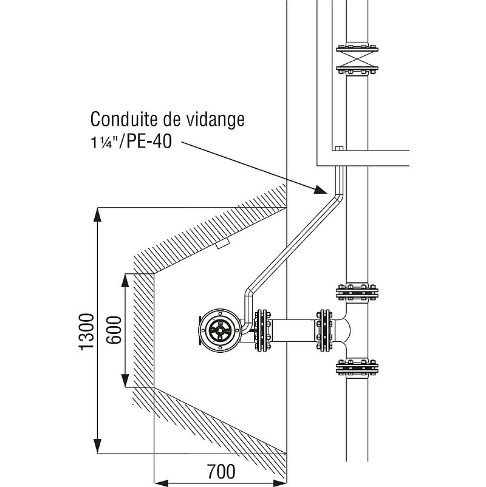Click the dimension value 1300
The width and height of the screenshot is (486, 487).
click(x=86, y=332)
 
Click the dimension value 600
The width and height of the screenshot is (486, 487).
click(x=114, y=330)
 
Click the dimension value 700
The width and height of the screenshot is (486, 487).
click(x=221, y=471)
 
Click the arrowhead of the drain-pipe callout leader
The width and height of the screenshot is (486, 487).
click(x=320, y=189)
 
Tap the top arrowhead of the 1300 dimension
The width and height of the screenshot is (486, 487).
click(x=98, y=214)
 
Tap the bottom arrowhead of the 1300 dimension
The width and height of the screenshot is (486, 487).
click(x=98, y=447)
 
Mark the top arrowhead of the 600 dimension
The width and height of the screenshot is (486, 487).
click(x=125, y=281)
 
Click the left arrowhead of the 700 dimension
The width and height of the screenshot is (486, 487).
click(x=161, y=483)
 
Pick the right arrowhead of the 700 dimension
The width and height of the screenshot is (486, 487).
click(x=279, y=483)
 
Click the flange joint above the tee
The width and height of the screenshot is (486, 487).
click(x=357, y=292)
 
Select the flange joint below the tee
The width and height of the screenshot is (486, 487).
click(x=357, y=369)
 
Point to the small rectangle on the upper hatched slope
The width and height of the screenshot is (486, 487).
click(x=222, y=243)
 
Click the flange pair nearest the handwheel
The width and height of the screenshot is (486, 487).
click(x=262, y=330)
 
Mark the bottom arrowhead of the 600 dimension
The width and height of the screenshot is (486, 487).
click(x=125, y=381)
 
